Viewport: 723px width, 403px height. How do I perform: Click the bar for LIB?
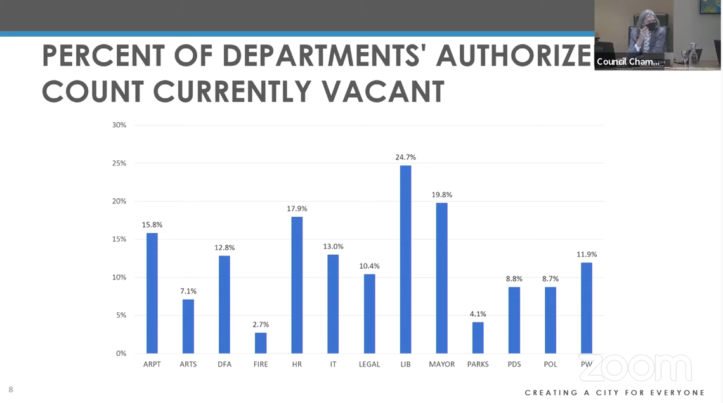point(405,259)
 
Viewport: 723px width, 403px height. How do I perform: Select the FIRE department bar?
point(261,343)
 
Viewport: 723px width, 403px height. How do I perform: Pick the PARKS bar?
point(478,338)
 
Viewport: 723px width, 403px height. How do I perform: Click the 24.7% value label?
point(405,157)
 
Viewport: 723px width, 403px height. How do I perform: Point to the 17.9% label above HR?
point(297,208)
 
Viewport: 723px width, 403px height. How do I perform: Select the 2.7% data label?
point(261,324)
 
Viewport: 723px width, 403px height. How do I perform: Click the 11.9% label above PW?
point(587,254)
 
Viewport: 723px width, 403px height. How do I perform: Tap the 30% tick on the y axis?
point(119,125)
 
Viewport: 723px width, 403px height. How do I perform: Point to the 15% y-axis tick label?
point(119,239)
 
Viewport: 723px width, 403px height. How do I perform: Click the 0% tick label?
point(121,353)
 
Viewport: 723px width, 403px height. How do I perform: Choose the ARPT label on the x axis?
point(152,364)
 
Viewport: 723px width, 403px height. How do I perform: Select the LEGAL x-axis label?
point(369,364)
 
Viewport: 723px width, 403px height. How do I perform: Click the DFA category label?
point(225,364)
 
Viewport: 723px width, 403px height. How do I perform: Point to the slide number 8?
point(11,390)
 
